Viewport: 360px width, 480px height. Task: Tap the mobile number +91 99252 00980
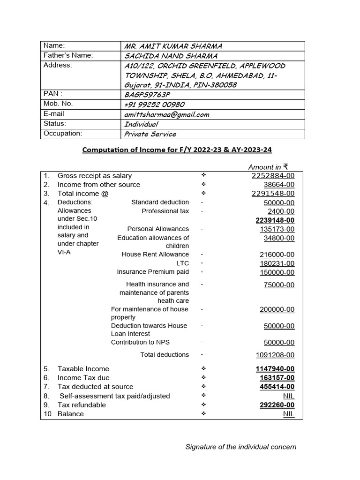(x=154, y=104)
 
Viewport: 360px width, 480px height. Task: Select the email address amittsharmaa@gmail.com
(x=166, y=114)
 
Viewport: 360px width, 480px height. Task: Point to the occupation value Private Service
(x=150, y=134)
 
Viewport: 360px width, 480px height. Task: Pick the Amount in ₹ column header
(x=268, y=167)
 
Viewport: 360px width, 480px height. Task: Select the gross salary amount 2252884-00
(x=273, y=176)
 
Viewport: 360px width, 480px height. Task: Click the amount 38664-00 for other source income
(x=279, y=185)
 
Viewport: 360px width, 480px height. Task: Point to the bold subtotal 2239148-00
(x=275, y=220)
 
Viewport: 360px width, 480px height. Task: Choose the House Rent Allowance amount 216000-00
(x=277, y=255)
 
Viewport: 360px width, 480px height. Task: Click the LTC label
(x=182, y=263)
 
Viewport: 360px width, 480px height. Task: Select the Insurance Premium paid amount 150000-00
(x=277, y=272)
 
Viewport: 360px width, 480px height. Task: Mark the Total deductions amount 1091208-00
(x=275, y=355)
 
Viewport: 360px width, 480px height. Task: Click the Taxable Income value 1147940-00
(x=275, y=369)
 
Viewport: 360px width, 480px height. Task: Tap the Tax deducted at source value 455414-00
(x=277, y=387)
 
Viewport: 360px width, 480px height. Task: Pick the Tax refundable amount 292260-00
(x=277, y=405)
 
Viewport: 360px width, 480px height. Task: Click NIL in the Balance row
(x=289, y=414)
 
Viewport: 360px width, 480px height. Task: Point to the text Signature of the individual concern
(x=241, y=447)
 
